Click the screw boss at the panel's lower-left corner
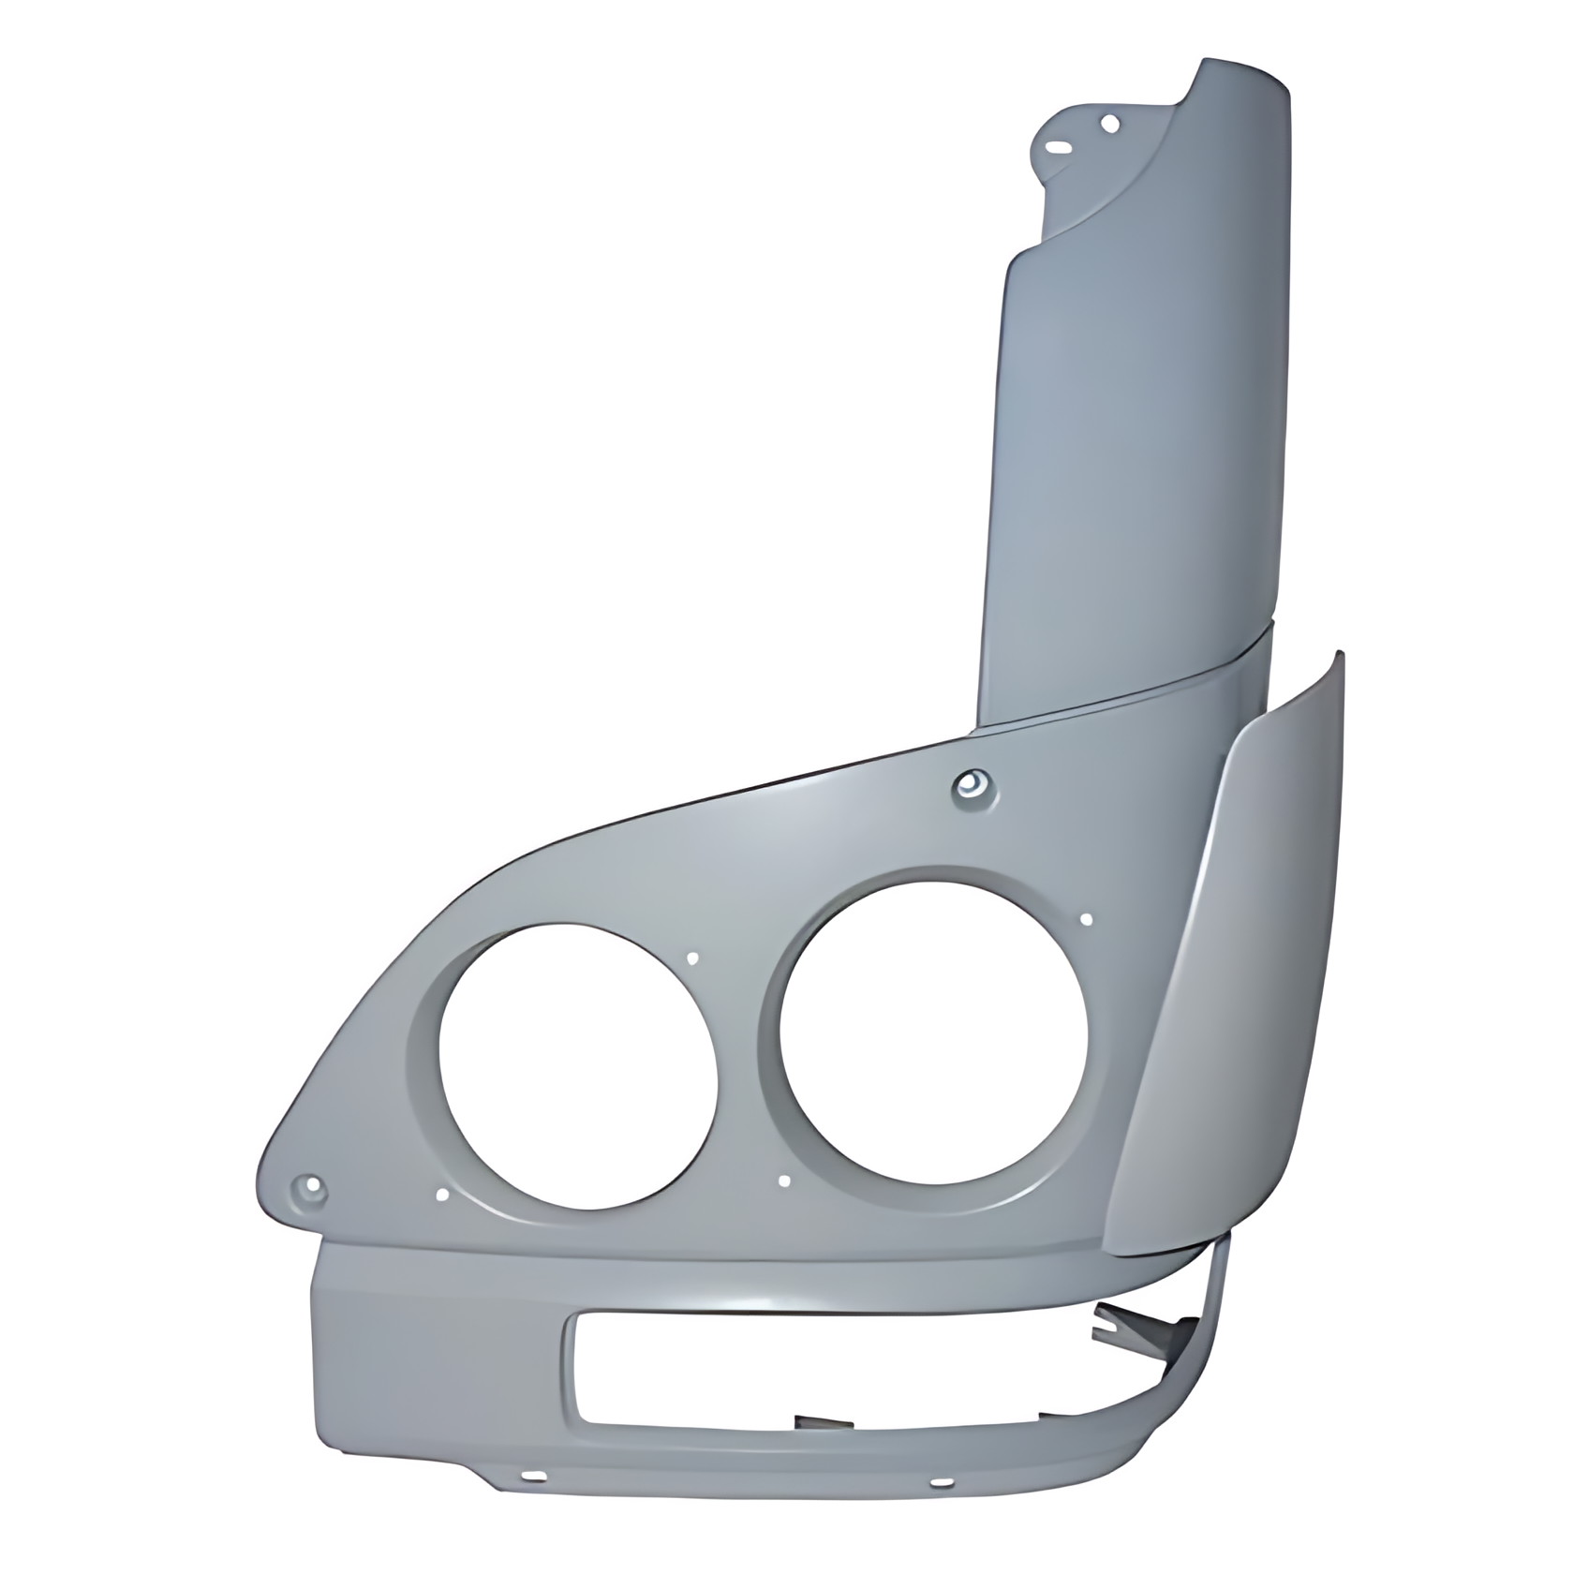[x=308, y=1189]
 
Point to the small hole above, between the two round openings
[x=693, y=958]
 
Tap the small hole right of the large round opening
[x=1086, y=919]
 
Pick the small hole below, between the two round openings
[x=785, y=1181]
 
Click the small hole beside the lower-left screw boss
[x=443, y=1195]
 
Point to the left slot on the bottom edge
[x=537, y=1477]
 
